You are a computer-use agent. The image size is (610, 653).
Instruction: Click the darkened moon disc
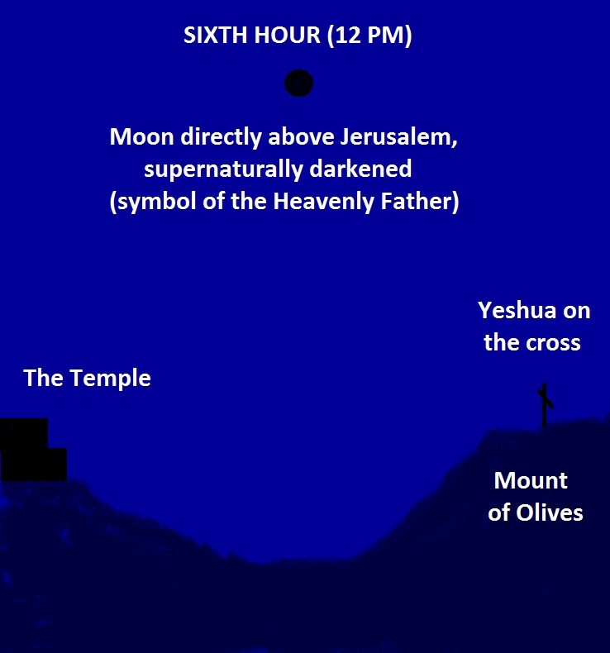click(298, 83)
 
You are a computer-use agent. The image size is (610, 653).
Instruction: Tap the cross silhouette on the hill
click(544, 406)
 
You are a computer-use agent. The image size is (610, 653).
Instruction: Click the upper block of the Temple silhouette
click(24, 433)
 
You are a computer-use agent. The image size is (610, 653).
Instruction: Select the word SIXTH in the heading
click(216, 35)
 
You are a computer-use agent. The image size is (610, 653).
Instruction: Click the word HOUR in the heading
click(288, 35)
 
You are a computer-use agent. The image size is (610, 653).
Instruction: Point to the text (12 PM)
click(369, 36)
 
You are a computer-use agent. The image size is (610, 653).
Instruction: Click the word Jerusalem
click(398, 137)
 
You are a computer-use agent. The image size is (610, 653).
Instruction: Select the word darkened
click(360, 169)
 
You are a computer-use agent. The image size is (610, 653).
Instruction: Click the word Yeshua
click(517, 311)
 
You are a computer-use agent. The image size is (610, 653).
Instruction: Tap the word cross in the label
click(553, 344)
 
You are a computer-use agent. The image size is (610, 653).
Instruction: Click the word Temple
click(110, 379)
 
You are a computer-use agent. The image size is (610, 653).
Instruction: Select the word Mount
click(531, 480)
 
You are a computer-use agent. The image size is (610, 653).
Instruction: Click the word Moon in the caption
click(141, 137)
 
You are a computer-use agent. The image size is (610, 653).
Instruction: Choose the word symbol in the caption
click(155, 202)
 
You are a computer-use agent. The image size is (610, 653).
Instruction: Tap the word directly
click(221, 137)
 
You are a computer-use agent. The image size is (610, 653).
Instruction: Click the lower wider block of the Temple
click(33, 465)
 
